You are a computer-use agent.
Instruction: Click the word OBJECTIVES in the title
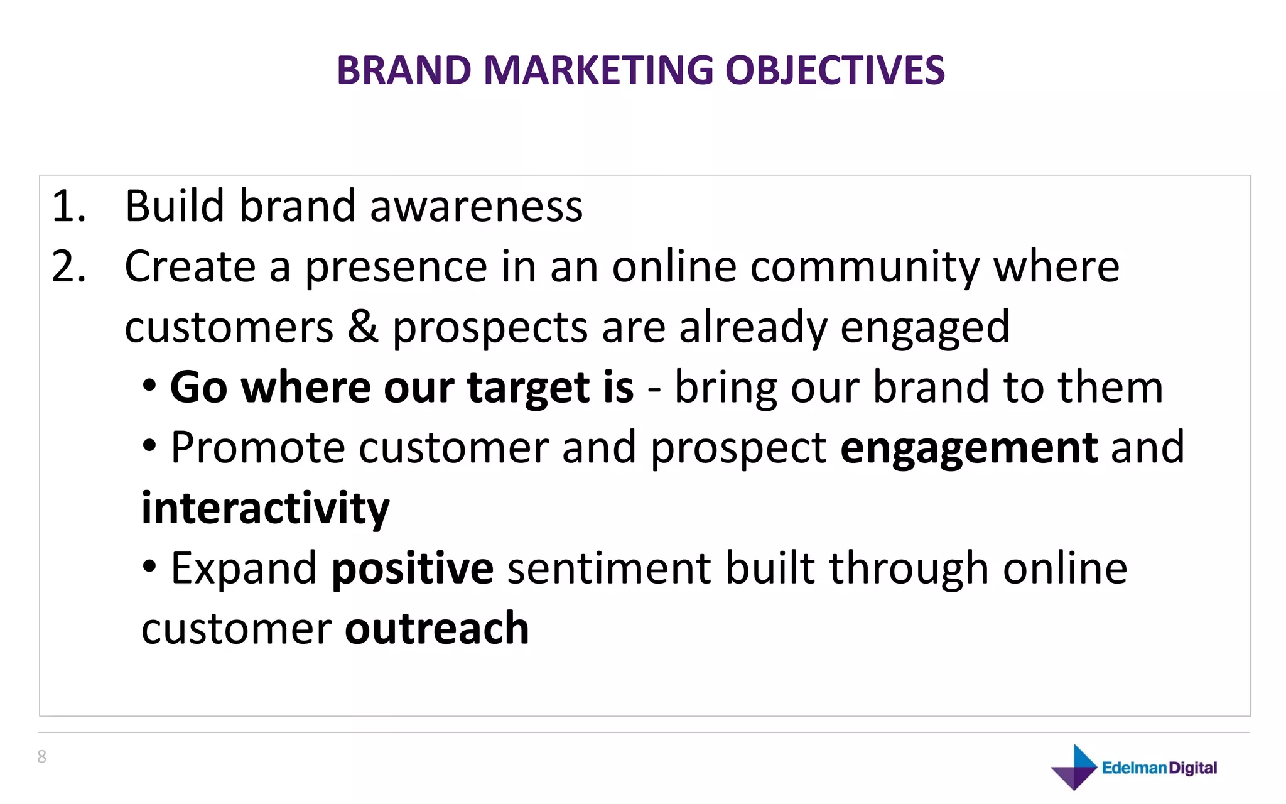835,70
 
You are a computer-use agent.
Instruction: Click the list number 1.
67,206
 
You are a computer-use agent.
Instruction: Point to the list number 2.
68,266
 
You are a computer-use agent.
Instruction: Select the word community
864,268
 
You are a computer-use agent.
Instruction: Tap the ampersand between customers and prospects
363,327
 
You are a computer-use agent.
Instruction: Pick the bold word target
528,388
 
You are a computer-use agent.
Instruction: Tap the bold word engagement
969,448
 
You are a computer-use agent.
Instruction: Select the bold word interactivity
265,508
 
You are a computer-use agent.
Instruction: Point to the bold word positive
413,569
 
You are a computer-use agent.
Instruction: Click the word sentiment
608,568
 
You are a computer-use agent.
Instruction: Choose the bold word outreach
437,628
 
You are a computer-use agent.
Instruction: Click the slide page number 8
42,757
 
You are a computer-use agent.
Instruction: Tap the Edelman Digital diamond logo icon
1074,767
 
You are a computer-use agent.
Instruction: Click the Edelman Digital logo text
1159,768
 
